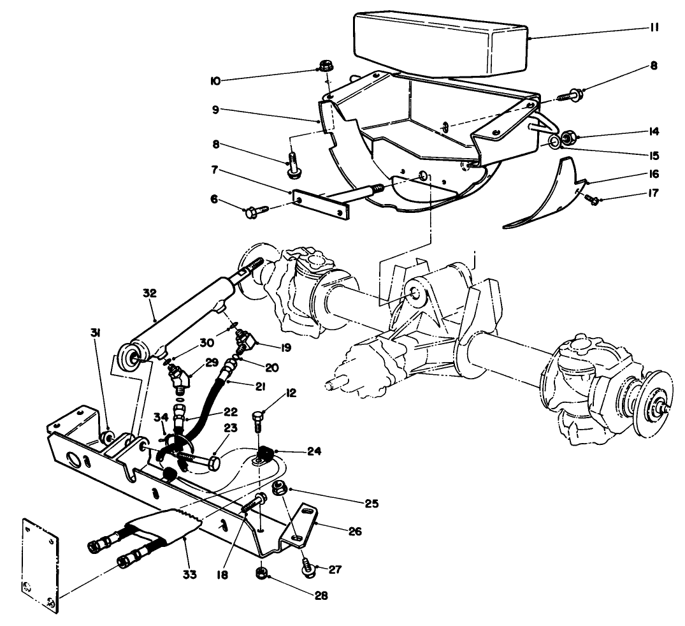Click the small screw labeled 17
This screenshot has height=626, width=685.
point(593,200)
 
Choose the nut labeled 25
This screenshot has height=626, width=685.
point(278,489)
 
